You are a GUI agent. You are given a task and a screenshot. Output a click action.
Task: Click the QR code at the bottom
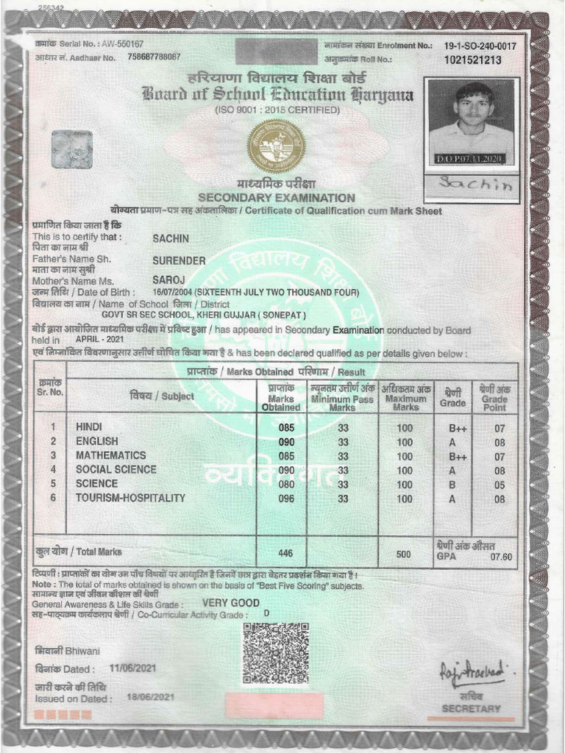tap(275, 653)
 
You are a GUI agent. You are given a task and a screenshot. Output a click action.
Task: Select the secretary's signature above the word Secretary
tap(472, 671)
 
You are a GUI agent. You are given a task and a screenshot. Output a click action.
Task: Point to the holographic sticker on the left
tap(71, 149)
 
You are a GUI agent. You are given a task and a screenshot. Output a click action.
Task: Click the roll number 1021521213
tap(473, 60)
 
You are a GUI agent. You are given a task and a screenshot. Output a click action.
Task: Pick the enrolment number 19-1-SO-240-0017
tap(480, 46)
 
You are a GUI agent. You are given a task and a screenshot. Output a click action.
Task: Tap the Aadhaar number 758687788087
tap(154, 57)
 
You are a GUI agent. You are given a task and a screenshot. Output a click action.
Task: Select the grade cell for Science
tap(452, 484)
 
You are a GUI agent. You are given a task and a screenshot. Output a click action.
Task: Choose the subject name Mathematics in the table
tap(110, 456)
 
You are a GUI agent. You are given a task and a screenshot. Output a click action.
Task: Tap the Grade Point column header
tap(494, 397)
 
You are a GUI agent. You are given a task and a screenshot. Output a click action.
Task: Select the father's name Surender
tap(179, 260)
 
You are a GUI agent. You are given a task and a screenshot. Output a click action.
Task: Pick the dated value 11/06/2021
tap(133, 669)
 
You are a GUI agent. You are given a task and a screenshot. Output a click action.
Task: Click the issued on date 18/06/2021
tap(151, 697)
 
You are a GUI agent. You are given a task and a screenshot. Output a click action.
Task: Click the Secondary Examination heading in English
tap(276, 198)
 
